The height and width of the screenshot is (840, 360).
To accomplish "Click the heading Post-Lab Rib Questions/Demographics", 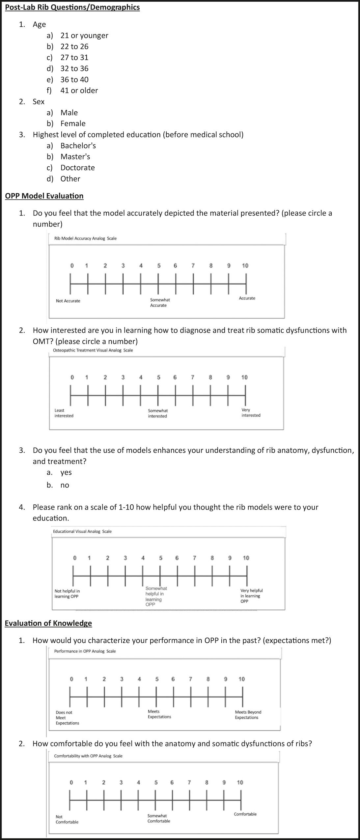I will [x=72, y=7].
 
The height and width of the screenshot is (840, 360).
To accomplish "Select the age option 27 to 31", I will [x=74, y=57].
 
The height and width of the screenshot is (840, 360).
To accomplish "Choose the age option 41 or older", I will [x=79, y=90].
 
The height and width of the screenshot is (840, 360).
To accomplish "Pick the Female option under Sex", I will [x=73, y=124].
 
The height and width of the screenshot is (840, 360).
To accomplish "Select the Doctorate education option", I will [x=77, y=168].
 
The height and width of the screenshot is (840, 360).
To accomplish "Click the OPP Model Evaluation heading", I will [x=44, y=196].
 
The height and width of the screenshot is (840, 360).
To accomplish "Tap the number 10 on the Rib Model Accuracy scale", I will [x=245, y=266].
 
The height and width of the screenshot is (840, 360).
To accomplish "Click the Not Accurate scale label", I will [x=68, y=301].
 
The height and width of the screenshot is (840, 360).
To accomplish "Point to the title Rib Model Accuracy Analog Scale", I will [x=85, y=238].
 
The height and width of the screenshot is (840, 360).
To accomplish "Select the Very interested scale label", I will [x=251, y=413].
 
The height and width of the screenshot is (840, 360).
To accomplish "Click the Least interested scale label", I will [x=64, y=413].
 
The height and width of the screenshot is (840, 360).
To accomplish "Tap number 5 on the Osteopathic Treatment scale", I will [x=158, y=378].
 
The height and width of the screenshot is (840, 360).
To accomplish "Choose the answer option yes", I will [x=66, y=472].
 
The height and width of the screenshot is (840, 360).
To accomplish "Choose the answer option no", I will [x=65, y=485].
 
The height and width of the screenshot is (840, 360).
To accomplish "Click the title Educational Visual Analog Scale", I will [x=82, y=531].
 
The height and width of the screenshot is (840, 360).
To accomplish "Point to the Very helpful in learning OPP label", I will [x=251, y=596].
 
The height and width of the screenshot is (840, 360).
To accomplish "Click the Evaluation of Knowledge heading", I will [x=48, y=623].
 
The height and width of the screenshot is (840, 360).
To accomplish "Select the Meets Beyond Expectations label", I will [x=248, y=714].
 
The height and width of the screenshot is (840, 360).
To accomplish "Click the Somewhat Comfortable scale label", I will [x=158, y=818].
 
